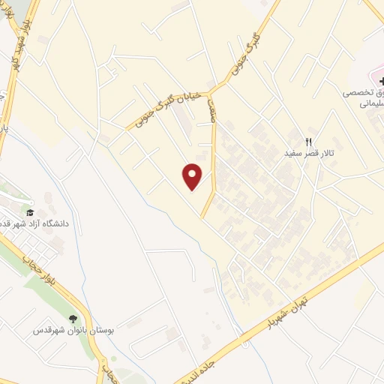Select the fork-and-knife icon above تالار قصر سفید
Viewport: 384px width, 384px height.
(x=307, y=141)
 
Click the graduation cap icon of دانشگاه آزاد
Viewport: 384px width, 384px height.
(x=30, y=213)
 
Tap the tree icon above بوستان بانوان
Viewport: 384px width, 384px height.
(x=73, y=319)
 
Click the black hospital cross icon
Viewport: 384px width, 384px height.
(x=373, y=80)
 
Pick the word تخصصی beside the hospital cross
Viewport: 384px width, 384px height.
(x=357, y=93)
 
